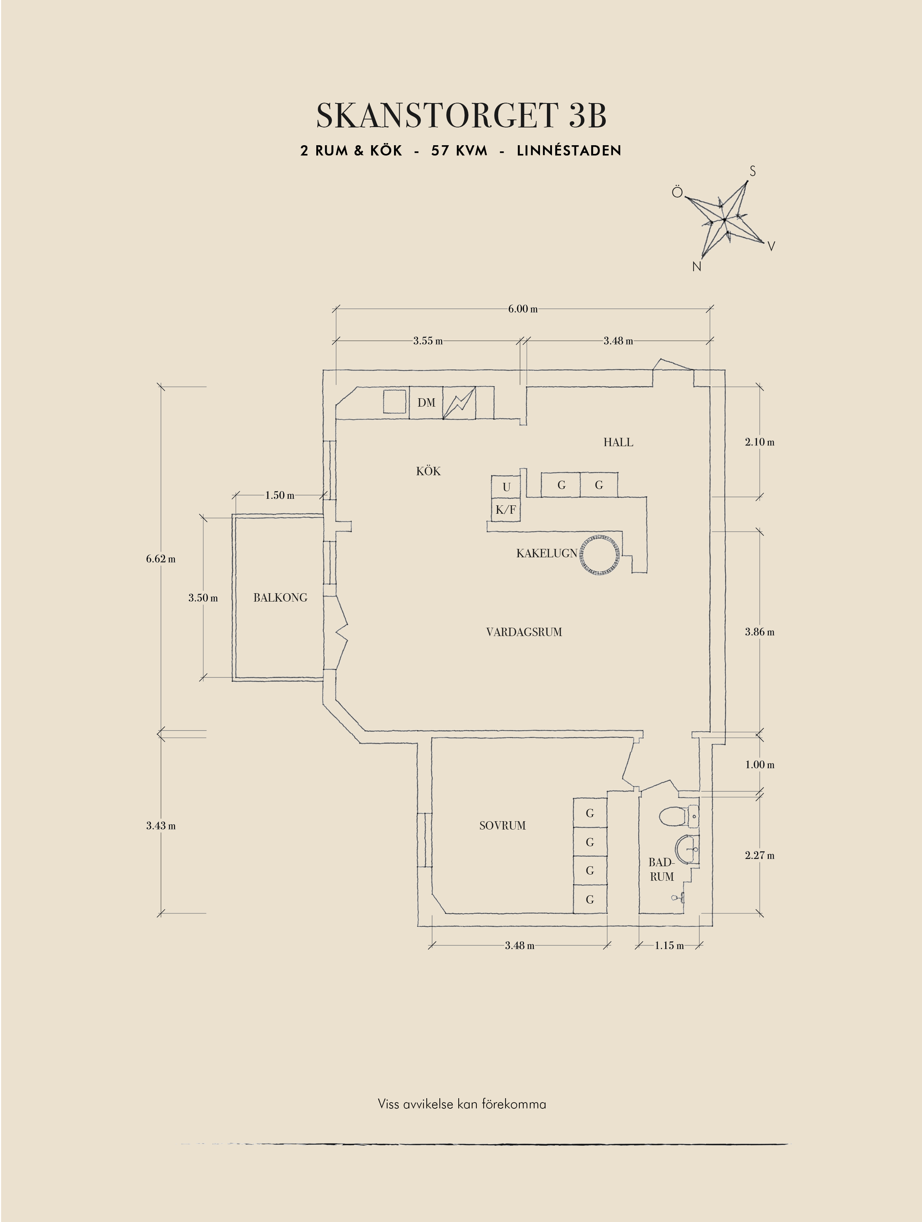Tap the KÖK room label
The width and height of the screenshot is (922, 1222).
tap(428, 471)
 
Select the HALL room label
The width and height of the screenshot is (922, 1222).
tap(618, 442)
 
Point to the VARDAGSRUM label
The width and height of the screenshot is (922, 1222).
tap(524, 632)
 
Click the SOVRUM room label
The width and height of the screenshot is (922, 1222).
tap(502, 825)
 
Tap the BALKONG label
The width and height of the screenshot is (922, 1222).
tap(280, 597)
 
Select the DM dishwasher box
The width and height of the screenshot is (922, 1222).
tap(426, 403)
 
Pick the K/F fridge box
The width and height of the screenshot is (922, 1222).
tap(505, 510)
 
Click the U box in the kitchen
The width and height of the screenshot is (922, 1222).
tap(506, 487)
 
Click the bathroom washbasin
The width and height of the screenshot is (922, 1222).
tap(687, 848)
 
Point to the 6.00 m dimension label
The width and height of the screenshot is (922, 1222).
tap(522, 309)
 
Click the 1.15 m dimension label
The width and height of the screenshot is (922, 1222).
tap(669, 945)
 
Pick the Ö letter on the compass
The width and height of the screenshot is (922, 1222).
tap(677, 192)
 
